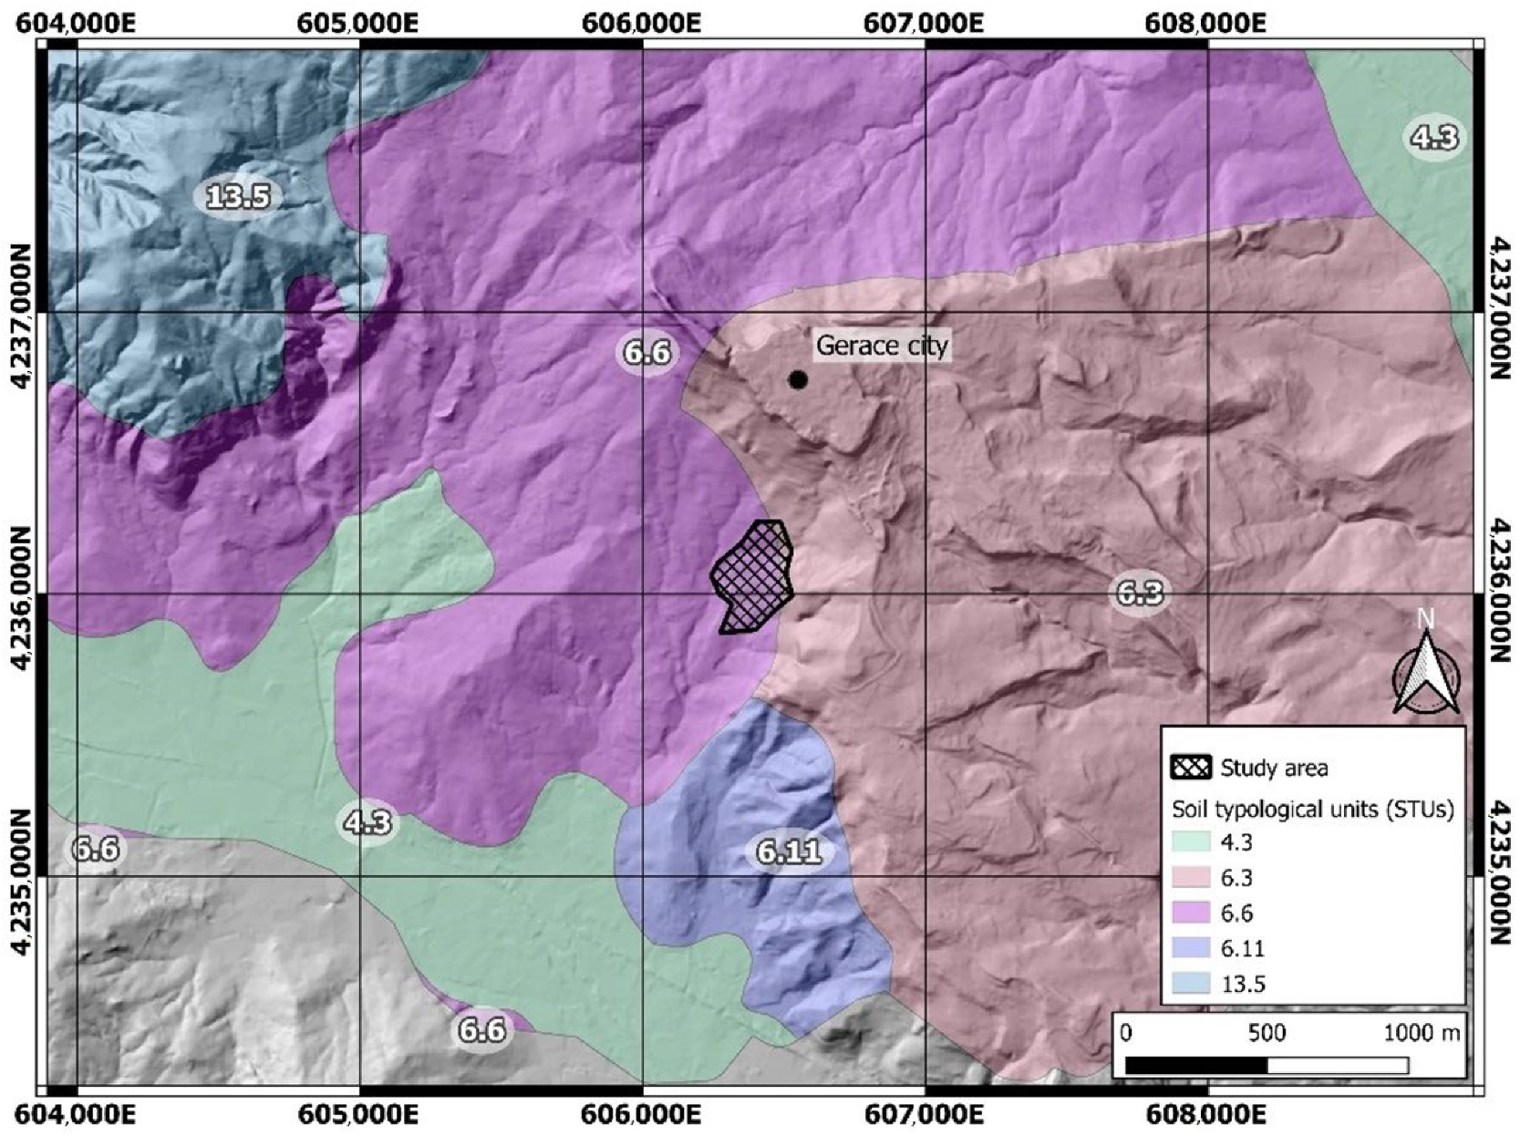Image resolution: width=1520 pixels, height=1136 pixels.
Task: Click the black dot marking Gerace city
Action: point(798,379)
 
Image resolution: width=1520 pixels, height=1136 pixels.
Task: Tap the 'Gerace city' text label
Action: point(881,346)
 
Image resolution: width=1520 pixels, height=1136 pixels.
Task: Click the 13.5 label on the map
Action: point(238,196)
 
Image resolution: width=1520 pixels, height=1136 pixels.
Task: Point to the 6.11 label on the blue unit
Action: point(789,852)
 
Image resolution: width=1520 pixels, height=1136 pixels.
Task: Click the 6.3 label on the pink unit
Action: point(1140,594)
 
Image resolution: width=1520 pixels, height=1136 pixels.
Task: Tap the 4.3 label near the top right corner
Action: point(1434,138)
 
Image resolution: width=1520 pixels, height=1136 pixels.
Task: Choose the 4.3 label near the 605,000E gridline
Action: point(367,822)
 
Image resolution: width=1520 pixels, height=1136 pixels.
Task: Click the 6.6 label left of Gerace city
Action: point(647,351)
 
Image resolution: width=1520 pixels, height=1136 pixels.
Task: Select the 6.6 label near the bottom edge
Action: point(481,1029)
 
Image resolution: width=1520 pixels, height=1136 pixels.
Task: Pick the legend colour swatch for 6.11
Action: point(1191,948)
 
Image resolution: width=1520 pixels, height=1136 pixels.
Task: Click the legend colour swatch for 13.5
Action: point(1191,984)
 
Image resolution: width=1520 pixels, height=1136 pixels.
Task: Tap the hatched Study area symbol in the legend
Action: point(1191,768)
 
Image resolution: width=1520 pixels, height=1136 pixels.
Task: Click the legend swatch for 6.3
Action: point(1191,877)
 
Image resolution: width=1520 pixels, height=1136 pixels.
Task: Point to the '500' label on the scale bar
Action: point(1267,1032)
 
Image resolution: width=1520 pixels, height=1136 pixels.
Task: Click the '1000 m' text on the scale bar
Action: point(1422,1032)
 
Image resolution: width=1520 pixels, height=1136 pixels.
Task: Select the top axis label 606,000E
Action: point(641,22)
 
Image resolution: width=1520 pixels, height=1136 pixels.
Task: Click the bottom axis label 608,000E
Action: point(1207,1115)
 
